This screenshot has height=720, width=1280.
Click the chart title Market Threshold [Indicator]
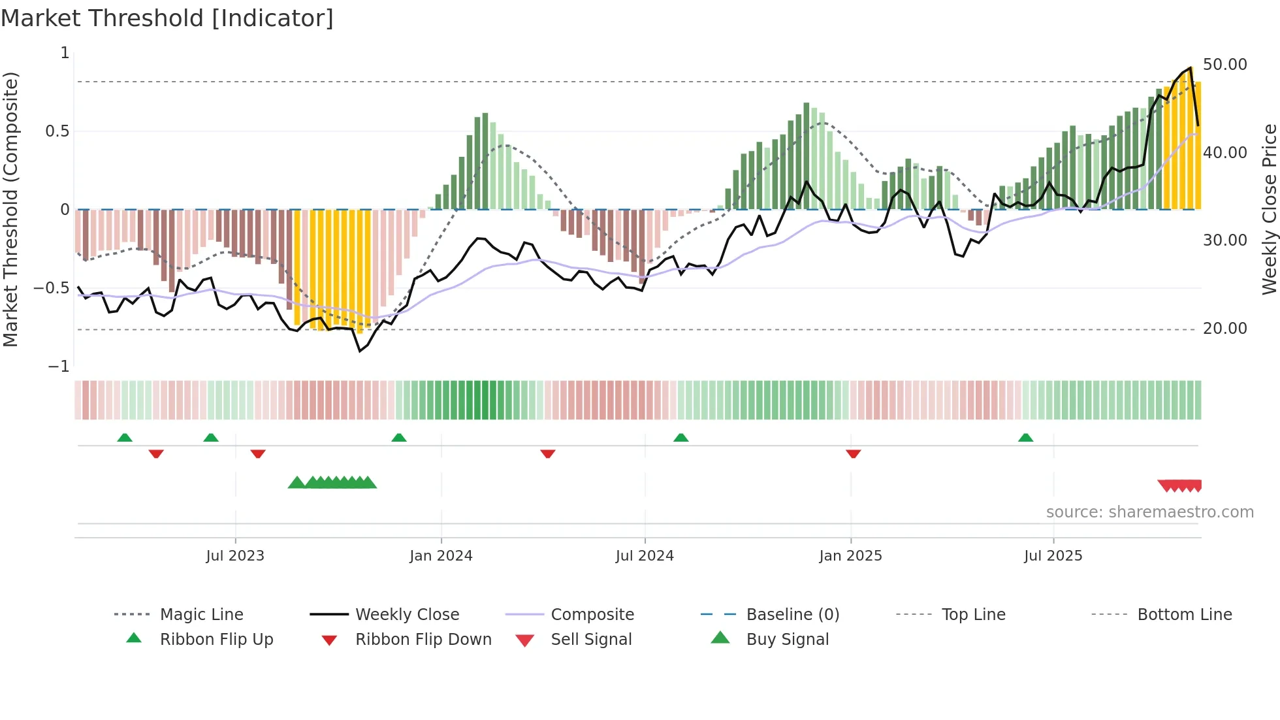tap(167, 18)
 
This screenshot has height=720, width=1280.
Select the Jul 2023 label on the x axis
tap(235, 556)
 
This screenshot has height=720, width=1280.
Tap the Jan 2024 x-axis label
tap(441, 556)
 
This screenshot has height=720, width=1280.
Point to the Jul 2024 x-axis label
tap(645, 556)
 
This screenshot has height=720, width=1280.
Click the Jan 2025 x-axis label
tap(850, 556)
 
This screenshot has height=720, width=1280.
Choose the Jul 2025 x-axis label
tap(1053, 556)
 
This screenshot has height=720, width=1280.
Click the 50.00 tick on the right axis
tap(1224, 65)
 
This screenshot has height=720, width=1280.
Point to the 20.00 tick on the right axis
tap(1224, 329)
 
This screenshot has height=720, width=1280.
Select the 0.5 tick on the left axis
tap(57, 131)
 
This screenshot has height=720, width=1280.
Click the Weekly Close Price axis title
tap(1269, 209)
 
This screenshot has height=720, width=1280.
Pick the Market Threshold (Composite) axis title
tap(10, 209)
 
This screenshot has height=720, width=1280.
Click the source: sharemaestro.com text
tap(1149, 512)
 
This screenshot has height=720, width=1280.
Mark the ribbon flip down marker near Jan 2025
tap(853, 453)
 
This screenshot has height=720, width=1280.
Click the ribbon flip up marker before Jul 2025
tap(1025, 438)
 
